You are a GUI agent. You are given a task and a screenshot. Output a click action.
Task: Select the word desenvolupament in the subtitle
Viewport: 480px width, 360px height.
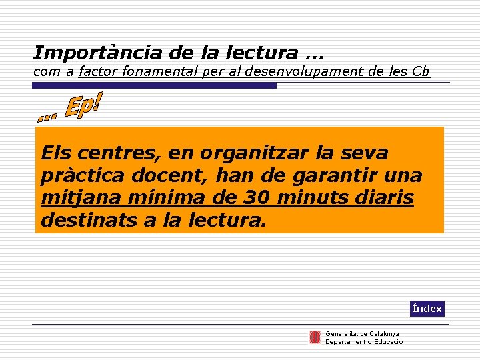point(303,71)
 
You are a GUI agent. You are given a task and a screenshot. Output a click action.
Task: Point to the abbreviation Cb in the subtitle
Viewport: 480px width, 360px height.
point(421,71)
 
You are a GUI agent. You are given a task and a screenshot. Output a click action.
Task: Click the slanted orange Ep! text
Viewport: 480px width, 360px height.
point(83,107)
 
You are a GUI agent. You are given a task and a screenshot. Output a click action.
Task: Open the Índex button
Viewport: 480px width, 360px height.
point(427,309)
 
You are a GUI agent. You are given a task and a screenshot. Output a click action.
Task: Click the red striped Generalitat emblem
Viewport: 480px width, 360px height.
point(315,337)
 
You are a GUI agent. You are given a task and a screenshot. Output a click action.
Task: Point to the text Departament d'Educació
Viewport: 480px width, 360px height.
point(363,342)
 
